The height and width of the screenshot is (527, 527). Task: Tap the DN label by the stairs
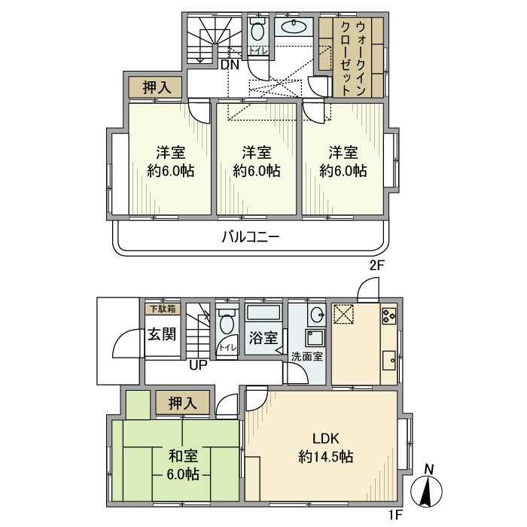coord(230,65)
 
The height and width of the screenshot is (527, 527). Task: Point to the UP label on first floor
coord(198,366)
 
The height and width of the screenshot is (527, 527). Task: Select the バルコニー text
coord(251,236)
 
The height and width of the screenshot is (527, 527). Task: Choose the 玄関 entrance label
coord(161,334)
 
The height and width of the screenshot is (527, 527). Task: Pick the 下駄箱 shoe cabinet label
coord(161,309)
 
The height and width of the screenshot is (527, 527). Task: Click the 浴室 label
coord(263,340)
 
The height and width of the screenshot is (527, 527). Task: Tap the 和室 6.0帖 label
coord(183,465)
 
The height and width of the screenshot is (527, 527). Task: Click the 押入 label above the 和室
coord(183,403)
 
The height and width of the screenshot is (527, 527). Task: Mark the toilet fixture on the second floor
coord(257,32)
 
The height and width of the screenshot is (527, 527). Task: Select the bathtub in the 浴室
coord(263,314)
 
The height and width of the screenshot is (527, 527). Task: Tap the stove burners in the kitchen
coord(389,318)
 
